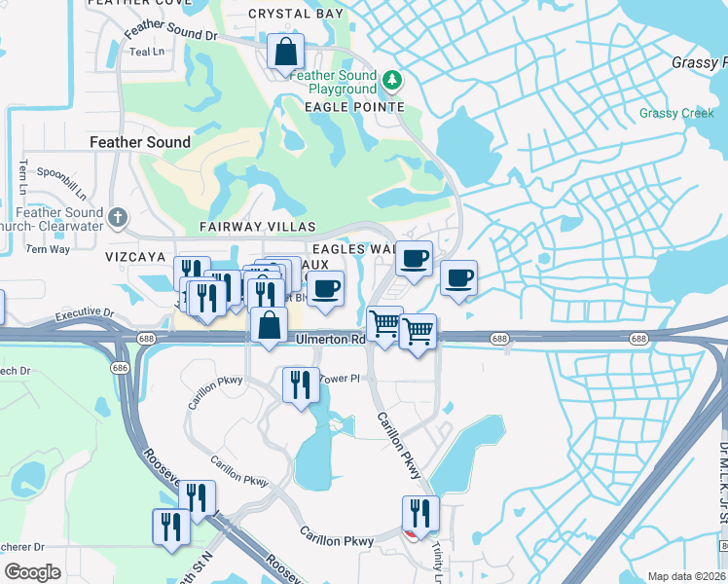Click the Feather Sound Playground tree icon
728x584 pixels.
coord(392,78)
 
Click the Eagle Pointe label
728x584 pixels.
coord(354,106)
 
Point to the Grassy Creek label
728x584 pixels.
coord(676,114)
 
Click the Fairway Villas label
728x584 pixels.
coord(246,227)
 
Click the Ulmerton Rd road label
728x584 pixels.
coord(331,340)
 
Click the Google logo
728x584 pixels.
coord(32,572)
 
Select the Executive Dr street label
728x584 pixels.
coord(85,315)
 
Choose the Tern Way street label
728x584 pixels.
coord(48,249)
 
